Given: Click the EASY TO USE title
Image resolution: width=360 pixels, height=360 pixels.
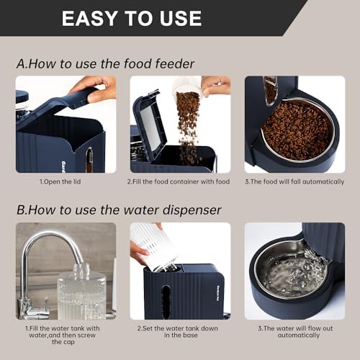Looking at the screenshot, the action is (132, 18).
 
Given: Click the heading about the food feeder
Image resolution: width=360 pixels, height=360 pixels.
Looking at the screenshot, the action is (105, 64).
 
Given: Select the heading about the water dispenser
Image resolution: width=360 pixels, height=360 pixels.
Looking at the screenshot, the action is (119, 210).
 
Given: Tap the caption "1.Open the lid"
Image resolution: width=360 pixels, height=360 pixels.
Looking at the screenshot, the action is (60, 181).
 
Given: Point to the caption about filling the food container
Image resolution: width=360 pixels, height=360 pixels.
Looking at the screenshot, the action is (179, 181).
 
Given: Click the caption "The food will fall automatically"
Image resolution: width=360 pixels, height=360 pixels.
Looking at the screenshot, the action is (294, 181).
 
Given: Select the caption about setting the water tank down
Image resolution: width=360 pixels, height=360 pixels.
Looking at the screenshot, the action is (178, 332).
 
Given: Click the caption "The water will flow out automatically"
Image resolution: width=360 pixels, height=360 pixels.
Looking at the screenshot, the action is (295, 332).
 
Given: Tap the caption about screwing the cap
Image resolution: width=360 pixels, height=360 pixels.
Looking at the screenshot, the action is (63, 335).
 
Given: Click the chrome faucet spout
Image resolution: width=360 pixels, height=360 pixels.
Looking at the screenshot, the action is (52, 240).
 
